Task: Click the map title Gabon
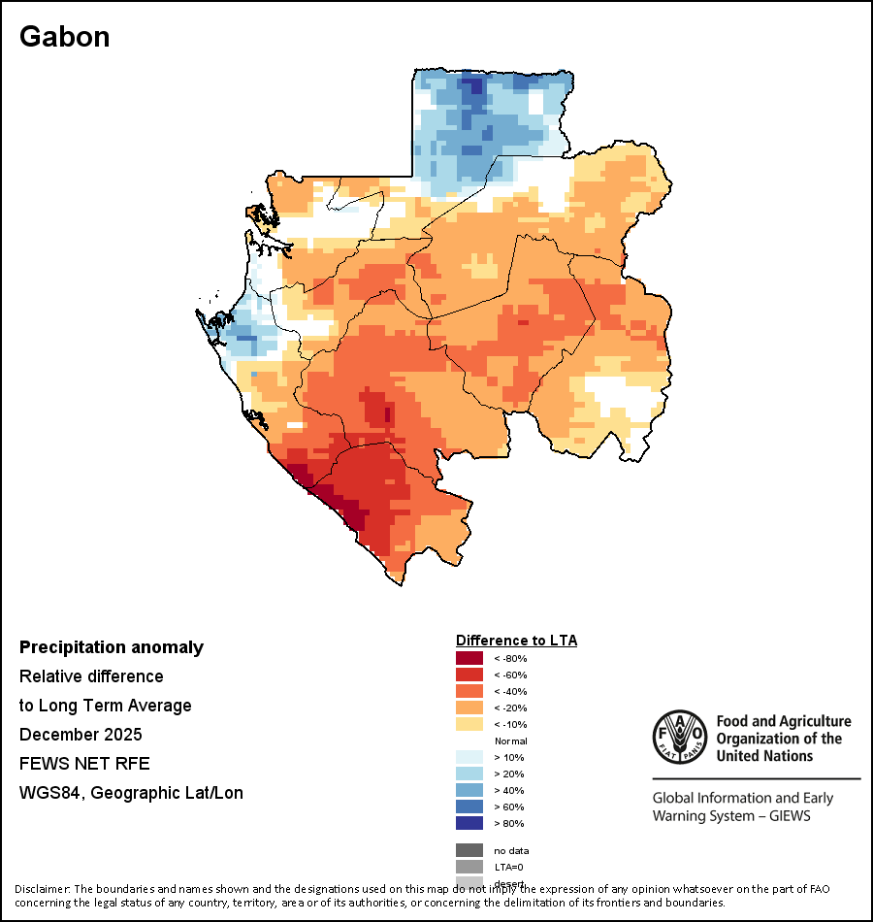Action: pos(65,37)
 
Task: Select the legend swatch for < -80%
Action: pos(469,658)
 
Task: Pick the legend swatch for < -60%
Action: pos(469,675)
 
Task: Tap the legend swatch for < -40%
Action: pos(469,691)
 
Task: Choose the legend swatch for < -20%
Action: pos(469,708)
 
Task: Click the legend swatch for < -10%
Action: pos(469,724)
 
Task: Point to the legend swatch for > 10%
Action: pos(469,757)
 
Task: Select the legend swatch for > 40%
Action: pos(469,790)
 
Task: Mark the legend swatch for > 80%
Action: pos(469,823)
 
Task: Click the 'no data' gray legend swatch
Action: pos(469,850)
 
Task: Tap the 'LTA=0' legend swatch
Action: pos(469,867)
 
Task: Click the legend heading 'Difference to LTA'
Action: pos(516,641)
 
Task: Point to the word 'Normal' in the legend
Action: pos(510,741)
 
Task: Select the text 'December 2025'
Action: pos(81,734)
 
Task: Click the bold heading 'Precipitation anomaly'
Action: pos(112,647)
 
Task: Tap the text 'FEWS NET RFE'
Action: pos(84,763)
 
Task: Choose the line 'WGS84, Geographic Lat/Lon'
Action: pos(131,793)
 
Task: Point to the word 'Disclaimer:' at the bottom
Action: pos(43,889)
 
